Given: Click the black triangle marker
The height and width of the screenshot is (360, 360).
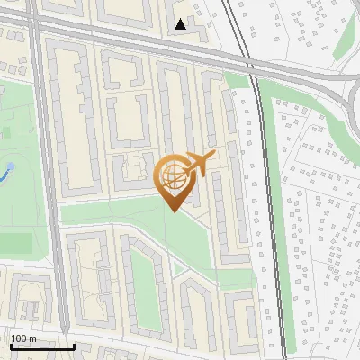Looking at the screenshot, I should tap(181, 25).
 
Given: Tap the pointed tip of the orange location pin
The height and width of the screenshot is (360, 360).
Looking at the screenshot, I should tap(174, 211).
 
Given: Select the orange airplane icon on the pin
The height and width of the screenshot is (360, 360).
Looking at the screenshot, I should tap(199, 164).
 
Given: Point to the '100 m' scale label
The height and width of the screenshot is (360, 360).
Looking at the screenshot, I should tap(23, 338).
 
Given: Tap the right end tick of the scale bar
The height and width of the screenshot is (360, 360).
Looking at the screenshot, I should tap(74, 345).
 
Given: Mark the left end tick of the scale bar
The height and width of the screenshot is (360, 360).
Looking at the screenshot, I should tap(11, 345).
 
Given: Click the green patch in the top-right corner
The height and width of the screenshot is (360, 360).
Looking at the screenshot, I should tap(347, 36).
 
